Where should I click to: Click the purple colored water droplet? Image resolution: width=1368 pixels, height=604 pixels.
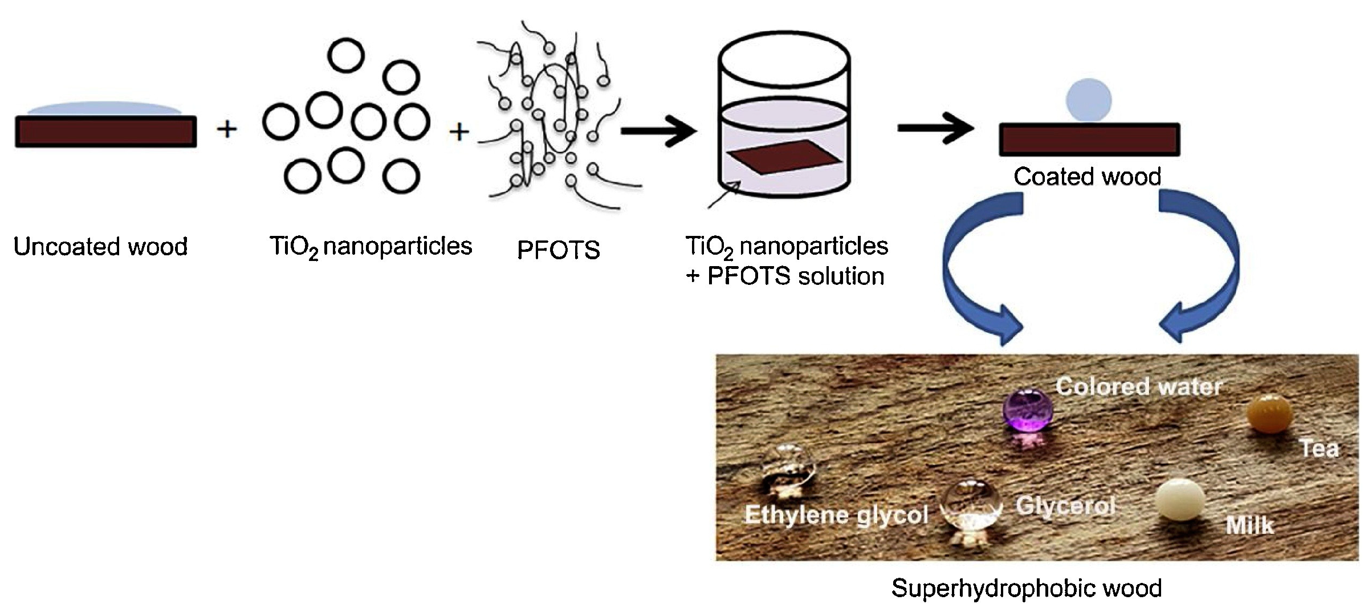point(1027,410)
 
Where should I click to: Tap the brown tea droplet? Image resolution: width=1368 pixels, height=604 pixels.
point(1269,414)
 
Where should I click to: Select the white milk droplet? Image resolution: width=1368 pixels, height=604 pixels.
point(1180,500)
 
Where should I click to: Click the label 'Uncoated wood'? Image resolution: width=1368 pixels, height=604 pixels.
point(100,247)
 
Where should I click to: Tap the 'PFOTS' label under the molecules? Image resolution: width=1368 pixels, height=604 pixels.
point(558,250)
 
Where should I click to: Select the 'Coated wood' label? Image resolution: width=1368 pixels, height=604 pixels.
point(1087,177)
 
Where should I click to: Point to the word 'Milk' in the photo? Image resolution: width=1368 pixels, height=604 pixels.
point(1249,525)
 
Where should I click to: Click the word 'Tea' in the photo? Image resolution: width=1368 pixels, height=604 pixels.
point(1319,448)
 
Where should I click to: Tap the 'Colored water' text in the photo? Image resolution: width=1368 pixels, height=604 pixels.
point(1139,387)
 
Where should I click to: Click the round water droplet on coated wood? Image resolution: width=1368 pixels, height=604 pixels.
point(1089,100)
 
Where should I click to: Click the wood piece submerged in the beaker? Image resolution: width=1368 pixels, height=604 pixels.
point(784,157)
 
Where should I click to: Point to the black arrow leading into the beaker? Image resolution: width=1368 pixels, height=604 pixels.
point(658,132)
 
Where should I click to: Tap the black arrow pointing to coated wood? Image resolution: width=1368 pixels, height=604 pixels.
point(935,129)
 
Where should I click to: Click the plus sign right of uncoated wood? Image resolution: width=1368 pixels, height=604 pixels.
point(227,129)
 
